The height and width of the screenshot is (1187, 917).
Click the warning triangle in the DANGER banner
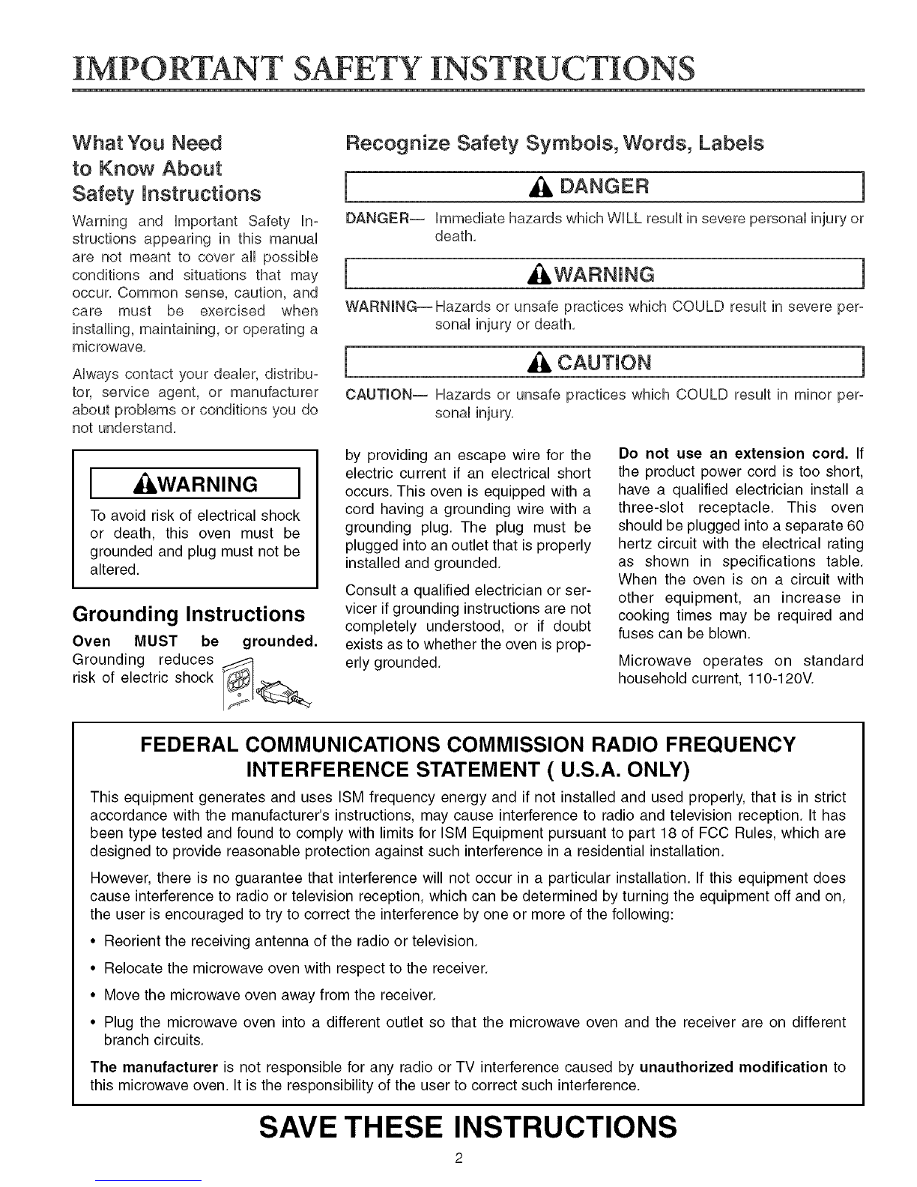point(543,187)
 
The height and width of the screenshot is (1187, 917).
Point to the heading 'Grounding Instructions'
point(188,614)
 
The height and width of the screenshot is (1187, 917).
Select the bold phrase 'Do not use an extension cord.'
point(733,454)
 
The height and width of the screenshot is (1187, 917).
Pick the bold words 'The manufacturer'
point(154,1066)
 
